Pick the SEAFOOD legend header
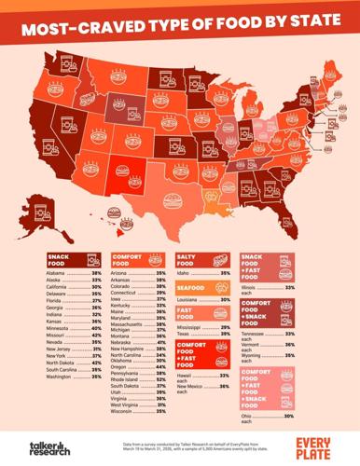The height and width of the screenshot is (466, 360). click(x=191, y=288)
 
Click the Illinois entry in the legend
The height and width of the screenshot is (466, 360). click(x=251, y=290)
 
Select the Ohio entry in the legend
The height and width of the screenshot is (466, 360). click(x=248, y=416)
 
